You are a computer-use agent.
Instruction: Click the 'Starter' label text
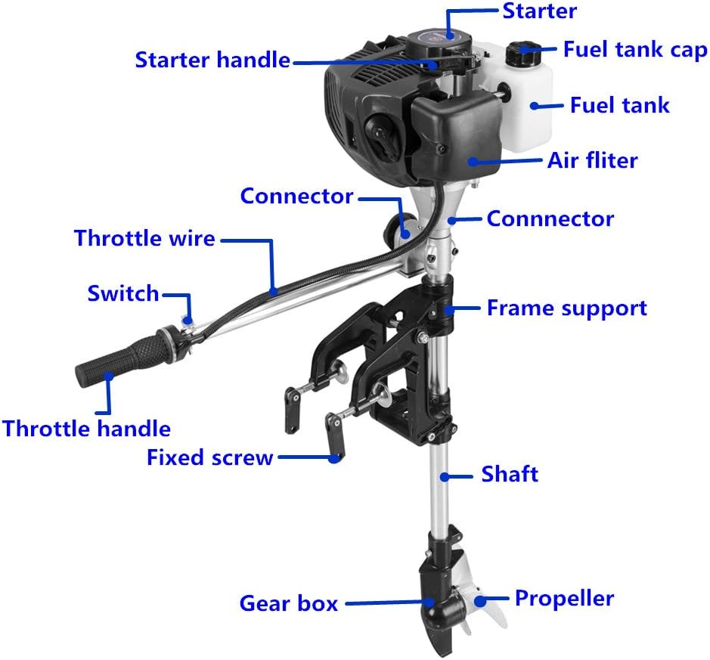[539, 11]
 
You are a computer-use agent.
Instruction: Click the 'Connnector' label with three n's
[550, 219]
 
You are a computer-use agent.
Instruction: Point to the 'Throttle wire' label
[144, 239]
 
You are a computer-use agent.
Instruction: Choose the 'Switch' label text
[123, 293]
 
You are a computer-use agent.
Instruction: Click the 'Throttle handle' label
[86, 429]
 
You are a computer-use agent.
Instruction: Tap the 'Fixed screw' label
[209, 457]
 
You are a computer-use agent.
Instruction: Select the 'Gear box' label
[288, 603]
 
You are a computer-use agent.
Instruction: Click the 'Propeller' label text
[564, 599]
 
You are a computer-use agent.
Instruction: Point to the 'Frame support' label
[566, 308]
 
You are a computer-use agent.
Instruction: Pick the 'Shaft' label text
[510, 475]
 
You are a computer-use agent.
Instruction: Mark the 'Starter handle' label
[212, 60]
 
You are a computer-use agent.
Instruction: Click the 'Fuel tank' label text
[619, 105]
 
